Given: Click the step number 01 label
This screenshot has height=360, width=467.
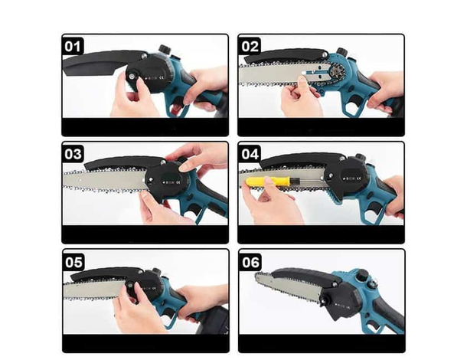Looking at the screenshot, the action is pyautogui.click(x=73, y=47).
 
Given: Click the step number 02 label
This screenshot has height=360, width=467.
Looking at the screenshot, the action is pyautogui.click(x=250, y=47).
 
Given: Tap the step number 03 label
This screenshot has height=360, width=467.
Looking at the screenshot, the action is pyautogui.click(x=73, y=154).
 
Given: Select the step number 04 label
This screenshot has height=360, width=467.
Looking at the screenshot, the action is pyautogui.click(x=250, y=154).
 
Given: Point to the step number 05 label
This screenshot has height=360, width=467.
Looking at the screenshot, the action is pyautogui.click(x=73, y=262).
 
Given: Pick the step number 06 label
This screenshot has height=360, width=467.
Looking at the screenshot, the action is pyautogui.click(x=250, y=262).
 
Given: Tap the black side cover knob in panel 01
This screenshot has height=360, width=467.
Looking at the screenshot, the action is pyautogui.click(x=132, y=77).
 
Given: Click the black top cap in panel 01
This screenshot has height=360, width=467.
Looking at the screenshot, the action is pyautogui.click(x=164, y=49).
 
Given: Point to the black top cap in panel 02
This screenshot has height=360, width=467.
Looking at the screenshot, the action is pyautogui.click(x=342, y=52).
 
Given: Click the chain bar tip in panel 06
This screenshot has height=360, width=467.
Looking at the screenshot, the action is pyautogui.click(x=257, y=277).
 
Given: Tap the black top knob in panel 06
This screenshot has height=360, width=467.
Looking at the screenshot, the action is pyautogui.click(x=362, y=274).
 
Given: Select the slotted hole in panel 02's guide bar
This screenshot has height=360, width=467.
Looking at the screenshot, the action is pyautogui.click(x=312, y=73).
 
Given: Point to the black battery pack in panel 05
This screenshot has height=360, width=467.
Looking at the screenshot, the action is pyautogui.click(x=212, y=321).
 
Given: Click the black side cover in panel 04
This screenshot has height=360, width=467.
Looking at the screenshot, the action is pyautogui.click(x=346, y=178).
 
